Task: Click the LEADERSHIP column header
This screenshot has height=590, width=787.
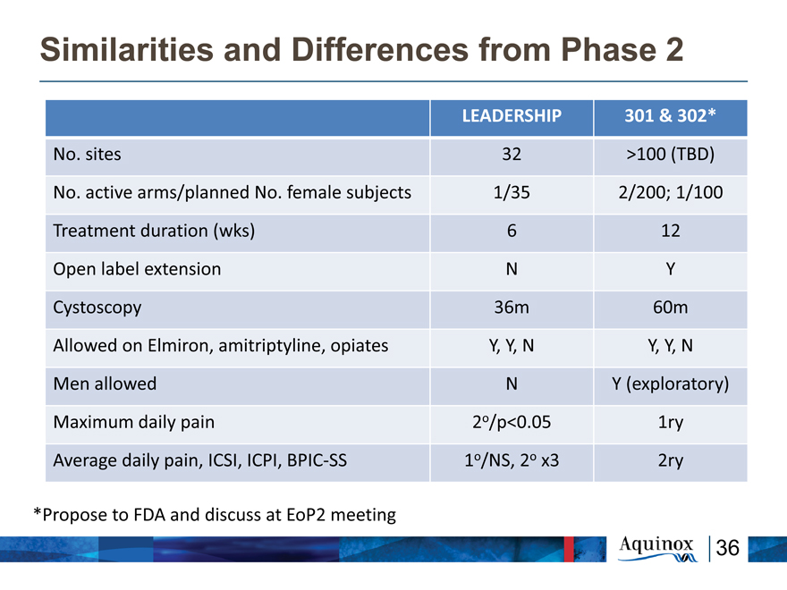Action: pos(512,116)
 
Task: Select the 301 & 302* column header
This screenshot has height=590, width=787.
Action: pos(670,116)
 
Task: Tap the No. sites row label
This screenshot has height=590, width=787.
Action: pos(88,154)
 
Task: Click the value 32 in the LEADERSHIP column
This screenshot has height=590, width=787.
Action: pos(512,154)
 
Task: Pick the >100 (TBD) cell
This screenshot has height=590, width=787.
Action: pos(670,154)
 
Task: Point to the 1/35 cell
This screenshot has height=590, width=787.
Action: pos(512,192)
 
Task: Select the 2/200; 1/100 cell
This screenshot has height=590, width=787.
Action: pos(670,192)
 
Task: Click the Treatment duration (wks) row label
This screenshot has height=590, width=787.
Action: pos(154,231)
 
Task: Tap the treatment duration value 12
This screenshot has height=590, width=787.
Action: pos(670,231)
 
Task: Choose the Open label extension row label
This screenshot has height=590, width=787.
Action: pos(137,269)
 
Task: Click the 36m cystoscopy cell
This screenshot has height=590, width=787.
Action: pos(512,307)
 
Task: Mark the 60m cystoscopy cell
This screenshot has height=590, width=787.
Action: pos(670,307)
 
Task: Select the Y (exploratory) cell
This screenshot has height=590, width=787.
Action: pos(670,383)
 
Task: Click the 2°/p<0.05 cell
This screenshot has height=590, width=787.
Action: pos(512,422)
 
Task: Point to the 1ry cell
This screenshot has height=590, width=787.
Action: pos(670,423)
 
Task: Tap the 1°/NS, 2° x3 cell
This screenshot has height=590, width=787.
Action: pos(512,460)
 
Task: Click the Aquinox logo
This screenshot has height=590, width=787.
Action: pos(657,549)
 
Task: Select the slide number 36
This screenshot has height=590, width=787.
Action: pos(727,548)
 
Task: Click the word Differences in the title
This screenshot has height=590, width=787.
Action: pos(380,49)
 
